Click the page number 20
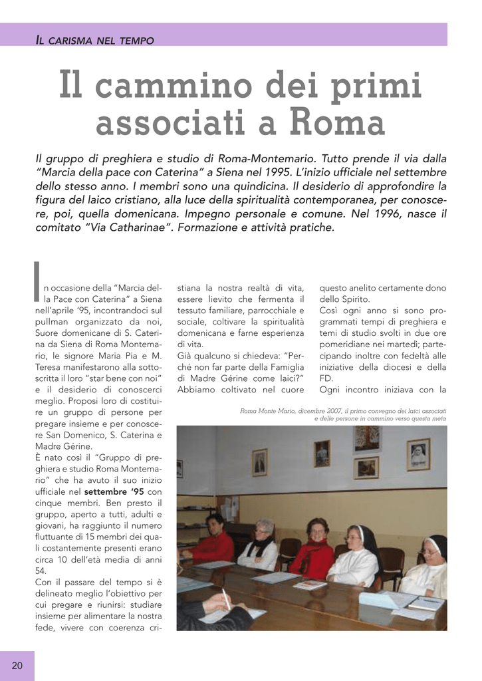[17, 666]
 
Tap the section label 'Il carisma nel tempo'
[94, 41]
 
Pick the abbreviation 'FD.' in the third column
[327, 378]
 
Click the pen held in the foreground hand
[226, 598]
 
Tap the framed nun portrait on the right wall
[418, 454]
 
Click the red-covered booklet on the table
[310, 585]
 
